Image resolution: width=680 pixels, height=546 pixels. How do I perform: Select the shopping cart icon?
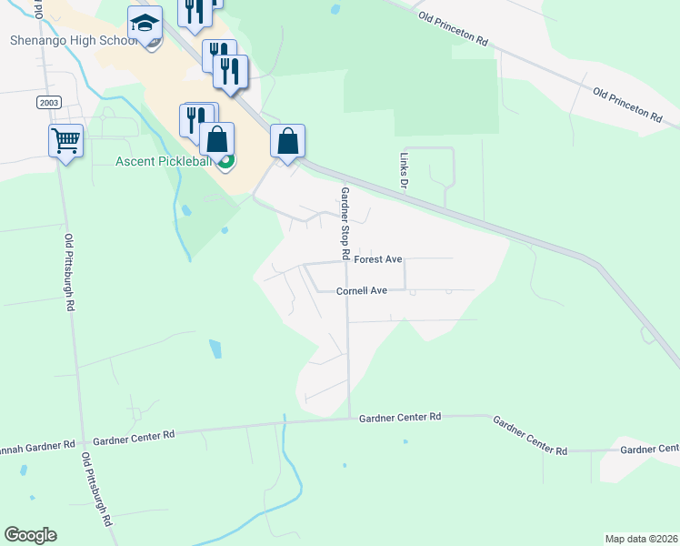click(65, 141)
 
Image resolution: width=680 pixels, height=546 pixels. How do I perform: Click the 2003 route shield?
click(49, 102)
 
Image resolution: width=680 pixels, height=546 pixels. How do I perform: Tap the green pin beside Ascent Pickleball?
click(226, 162)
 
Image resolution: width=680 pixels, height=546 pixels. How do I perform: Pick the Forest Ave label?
click(378, 259)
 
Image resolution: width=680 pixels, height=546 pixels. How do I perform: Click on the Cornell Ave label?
click(362, 291)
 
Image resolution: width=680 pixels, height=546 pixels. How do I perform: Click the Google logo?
click(30, 535)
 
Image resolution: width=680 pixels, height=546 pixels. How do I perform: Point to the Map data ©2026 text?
click(641, 539)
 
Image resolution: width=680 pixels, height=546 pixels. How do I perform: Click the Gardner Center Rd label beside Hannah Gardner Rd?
click(133, 437)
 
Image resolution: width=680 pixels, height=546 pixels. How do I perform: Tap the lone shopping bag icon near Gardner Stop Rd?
click(287, 141)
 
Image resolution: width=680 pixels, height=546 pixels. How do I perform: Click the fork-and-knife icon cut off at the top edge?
click(195, 9)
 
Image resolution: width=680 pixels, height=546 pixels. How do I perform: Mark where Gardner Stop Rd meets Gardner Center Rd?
click(350, 419)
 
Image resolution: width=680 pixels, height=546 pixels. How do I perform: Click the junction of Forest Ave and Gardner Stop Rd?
click(346, 261)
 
